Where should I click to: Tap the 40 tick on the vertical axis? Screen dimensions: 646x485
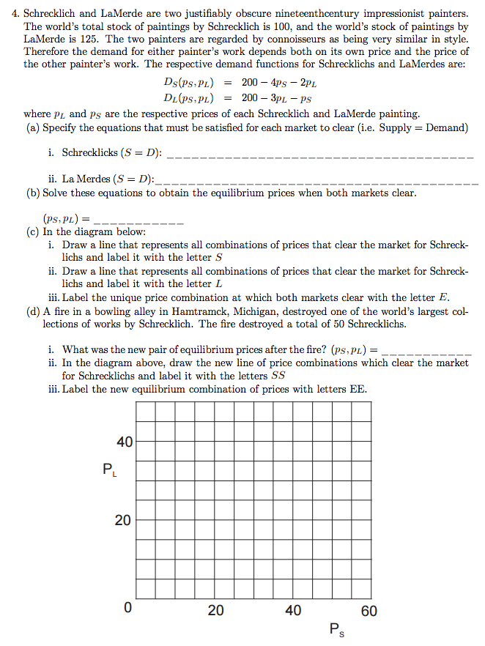pos(125,442)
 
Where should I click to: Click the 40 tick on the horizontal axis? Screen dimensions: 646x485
pos(292,610)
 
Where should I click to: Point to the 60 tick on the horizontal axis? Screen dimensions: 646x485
pos(369,610)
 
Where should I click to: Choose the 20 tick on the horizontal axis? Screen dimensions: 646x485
pos(215,610)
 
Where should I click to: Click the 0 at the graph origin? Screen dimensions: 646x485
pos(127,609)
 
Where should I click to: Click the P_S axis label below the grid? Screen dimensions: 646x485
pos(336,629)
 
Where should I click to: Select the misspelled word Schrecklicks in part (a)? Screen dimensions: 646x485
pos(90,154)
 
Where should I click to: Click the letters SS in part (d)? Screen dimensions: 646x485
pos(278,375)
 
